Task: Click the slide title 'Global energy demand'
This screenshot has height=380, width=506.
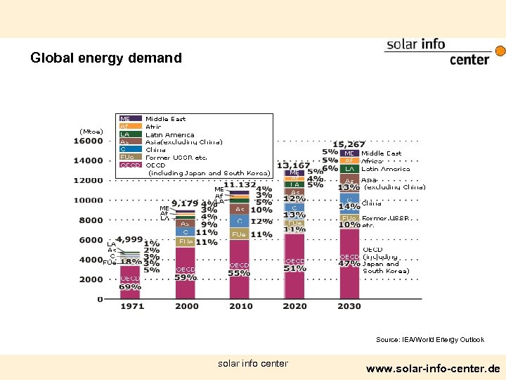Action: [x=105, y=58]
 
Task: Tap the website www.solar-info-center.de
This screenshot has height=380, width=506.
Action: [x=433, y=368]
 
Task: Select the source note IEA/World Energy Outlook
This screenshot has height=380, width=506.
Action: [x=429, y=340]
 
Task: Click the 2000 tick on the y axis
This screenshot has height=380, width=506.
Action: [x=91, y=279]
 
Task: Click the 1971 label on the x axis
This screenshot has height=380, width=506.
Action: [x=131, y=306]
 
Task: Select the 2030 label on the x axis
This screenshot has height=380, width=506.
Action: [x=349, y=306]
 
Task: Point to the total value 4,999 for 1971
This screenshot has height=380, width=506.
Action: [x=129, y=239]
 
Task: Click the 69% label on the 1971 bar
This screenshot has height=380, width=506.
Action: [x=130, y=287]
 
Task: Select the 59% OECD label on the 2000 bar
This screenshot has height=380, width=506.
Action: [x=186, y=277]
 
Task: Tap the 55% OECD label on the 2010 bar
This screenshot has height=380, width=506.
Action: [x=240, y=273]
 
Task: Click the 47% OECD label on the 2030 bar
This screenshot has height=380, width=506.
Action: [x=350, y=265]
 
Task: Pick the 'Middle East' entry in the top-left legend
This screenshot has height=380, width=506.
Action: [x=165, y=120]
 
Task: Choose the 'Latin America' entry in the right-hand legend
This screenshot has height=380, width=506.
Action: [x=385, y=169]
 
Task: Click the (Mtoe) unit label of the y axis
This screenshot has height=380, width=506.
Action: [x=91, y=132]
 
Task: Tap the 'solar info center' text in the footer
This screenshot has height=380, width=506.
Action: [x=252, y=364]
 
